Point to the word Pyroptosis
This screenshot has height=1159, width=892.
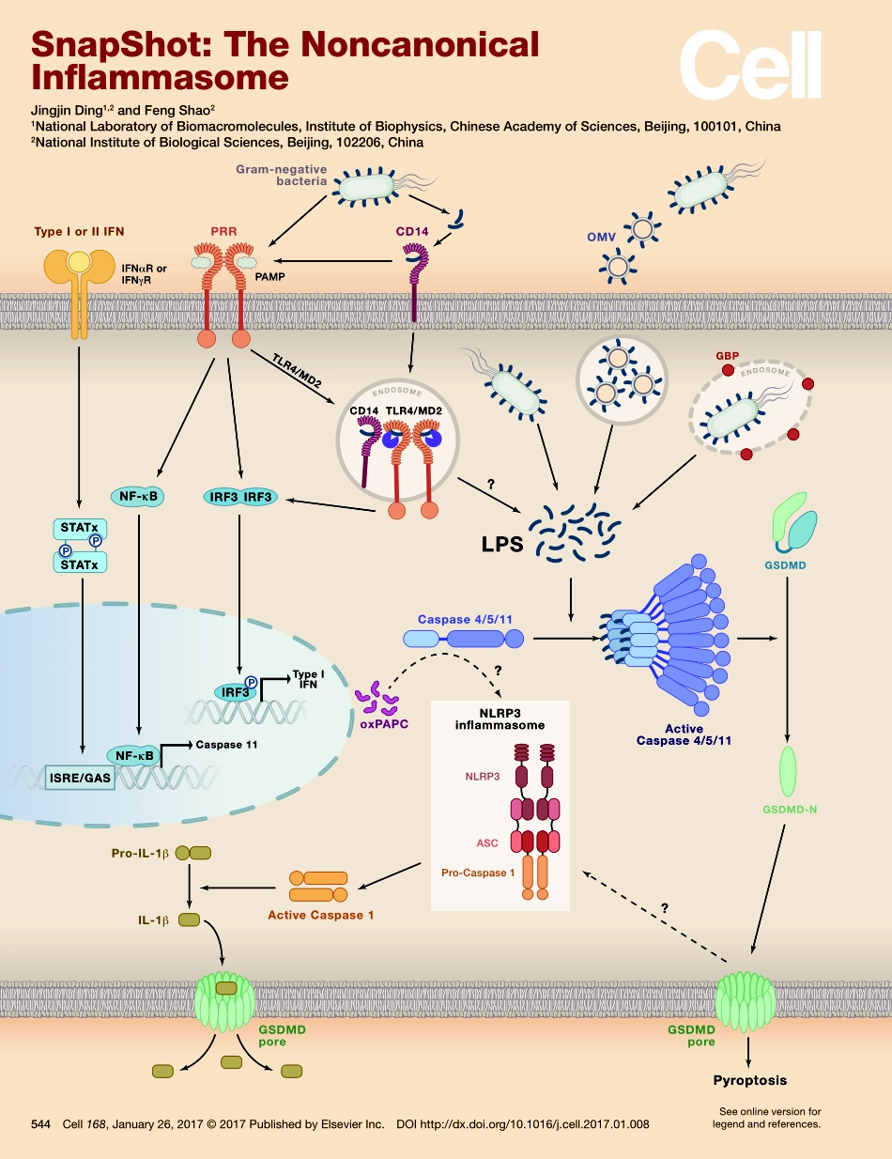[749, 1080]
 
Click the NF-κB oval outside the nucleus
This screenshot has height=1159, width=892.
[138, 497]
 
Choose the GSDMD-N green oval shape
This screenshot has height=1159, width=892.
[787, 771]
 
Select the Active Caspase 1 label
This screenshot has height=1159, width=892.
[321, 914]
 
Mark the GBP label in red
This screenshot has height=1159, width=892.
[726, 357]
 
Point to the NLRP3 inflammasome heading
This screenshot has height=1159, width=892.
[500, 719]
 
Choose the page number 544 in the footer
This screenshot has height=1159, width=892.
[40, 1124]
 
